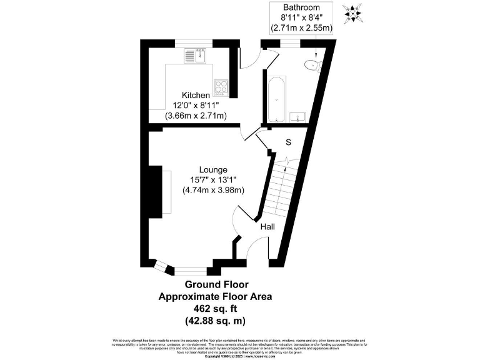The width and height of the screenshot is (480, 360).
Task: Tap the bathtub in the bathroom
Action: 276,99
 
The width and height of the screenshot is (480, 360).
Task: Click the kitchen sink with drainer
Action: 195,56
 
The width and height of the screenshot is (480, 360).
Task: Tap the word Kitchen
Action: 196,95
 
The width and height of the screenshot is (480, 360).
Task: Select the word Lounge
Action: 213,169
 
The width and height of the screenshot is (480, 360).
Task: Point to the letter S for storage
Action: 288,142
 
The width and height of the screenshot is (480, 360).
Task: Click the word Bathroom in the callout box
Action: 301,7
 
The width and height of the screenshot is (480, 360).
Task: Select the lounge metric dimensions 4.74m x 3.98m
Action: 213,190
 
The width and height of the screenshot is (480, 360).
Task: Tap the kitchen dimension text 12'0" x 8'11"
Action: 196,105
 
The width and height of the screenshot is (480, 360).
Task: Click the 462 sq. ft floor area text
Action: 215,309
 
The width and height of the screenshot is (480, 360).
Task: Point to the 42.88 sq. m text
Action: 215,321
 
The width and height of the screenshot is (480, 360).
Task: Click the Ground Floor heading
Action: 215,285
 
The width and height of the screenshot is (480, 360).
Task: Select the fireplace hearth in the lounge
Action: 167,193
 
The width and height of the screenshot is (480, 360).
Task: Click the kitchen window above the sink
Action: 194,42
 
